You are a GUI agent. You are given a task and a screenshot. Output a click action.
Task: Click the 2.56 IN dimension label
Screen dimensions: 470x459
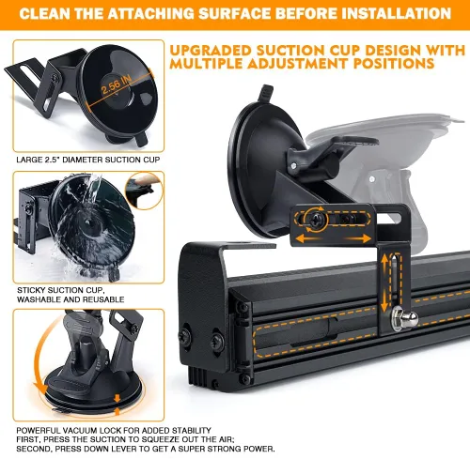[116, 84]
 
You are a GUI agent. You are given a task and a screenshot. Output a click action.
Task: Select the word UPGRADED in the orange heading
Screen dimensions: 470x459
[211, 51]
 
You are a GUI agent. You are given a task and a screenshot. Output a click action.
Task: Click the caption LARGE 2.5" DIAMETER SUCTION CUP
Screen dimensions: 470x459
[88, 160]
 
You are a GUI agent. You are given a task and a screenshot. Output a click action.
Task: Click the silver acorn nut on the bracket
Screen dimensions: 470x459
[404, 318]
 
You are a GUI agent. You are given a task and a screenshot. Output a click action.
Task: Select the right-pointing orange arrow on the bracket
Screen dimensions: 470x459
[358, 239]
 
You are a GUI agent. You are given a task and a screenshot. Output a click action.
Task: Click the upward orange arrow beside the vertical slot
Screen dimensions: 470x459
[384, 265]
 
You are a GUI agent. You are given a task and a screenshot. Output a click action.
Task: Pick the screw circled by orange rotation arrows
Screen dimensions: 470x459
[316, 221]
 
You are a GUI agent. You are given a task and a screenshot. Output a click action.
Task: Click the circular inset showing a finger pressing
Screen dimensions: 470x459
[144, 191]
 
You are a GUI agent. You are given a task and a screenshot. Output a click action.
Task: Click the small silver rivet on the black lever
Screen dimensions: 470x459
[293, 165]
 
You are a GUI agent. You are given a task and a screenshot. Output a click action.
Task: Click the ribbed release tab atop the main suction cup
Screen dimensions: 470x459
[265, 93]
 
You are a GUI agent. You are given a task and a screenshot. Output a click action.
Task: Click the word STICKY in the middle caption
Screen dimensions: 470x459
[30, 290]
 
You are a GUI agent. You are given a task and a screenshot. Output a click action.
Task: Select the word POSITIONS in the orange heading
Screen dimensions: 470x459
[394, 64]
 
